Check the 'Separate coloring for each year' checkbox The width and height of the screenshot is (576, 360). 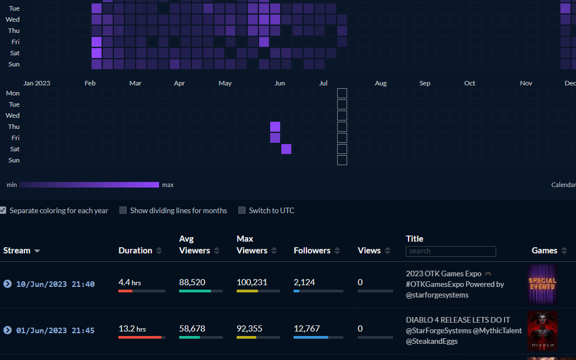(3, 210)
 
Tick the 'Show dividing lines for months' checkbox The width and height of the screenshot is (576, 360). (123, 210)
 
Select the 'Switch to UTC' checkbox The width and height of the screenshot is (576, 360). (242, 210)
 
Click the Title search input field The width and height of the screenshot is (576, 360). (450, 251)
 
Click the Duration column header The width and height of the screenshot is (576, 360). (136, 251)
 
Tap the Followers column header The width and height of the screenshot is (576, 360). (312, 251)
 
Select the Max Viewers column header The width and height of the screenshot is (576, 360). (252, 245)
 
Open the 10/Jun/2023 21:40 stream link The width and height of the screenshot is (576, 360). (55, 284)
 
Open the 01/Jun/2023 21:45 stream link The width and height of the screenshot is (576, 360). (55, 330)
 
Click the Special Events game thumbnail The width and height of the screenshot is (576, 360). (543, 284)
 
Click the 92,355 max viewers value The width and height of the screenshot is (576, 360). (249, 328)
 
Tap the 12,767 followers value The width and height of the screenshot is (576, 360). (307, 328)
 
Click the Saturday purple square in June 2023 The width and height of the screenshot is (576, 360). (286, 149)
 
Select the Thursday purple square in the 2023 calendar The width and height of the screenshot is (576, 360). (275, 127)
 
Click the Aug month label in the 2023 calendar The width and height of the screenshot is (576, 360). (381, 83)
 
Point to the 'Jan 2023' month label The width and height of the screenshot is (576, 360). (37, 83)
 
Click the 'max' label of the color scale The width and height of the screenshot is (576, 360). (168, 185)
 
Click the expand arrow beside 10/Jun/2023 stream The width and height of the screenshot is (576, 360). (7, 284)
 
